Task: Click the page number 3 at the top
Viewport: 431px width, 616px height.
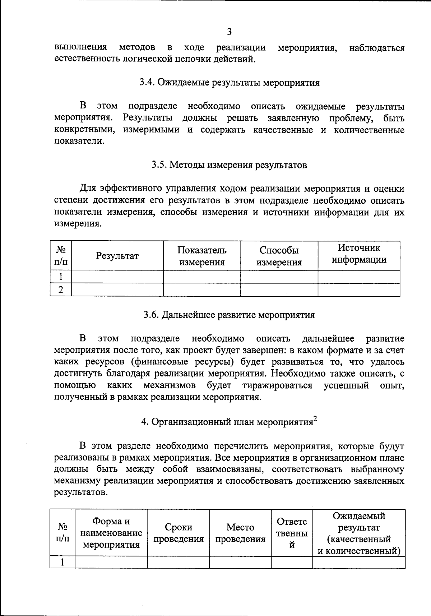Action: point(229,32)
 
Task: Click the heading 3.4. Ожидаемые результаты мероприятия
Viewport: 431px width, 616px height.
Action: point(229,83)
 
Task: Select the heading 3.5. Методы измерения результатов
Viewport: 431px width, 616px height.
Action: point(229,165)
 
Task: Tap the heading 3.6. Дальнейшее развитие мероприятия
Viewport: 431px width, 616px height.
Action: point(229,315)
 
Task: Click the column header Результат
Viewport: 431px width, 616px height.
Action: point(117,256)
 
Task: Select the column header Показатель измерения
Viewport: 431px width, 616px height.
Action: point(202,256)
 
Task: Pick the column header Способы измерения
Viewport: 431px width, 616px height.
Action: point(279,256)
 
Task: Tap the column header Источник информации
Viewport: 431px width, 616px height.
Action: point(359,254)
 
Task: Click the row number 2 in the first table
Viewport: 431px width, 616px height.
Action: point(61,290)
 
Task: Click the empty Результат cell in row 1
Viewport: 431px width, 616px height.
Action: point(117,277)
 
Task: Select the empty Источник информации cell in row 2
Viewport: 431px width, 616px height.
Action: point(359,290)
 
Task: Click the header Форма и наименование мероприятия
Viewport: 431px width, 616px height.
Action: point(111,533)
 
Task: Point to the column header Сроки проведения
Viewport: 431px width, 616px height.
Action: point(178,533)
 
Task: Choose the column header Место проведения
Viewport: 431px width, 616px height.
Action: point(240,533)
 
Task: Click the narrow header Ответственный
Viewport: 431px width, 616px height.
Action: point(292,533)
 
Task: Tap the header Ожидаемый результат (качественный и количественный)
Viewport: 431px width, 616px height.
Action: point(359,533)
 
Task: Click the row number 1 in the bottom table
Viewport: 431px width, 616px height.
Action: point(62,562)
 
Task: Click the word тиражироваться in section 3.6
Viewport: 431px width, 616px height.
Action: point(277,385)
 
